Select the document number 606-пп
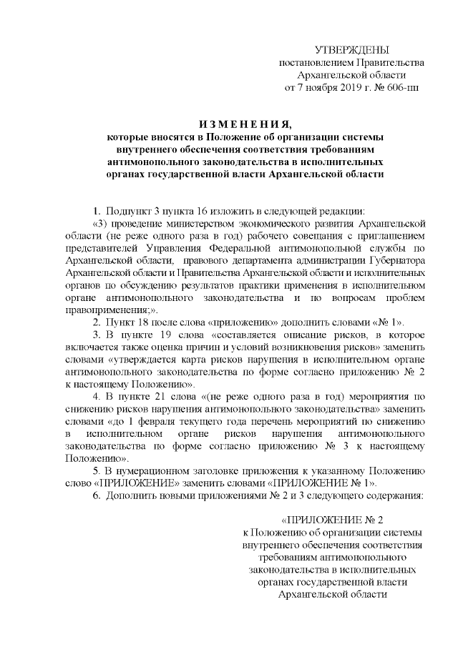[x=401, y=88]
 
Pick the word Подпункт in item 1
[x=127, y=211]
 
